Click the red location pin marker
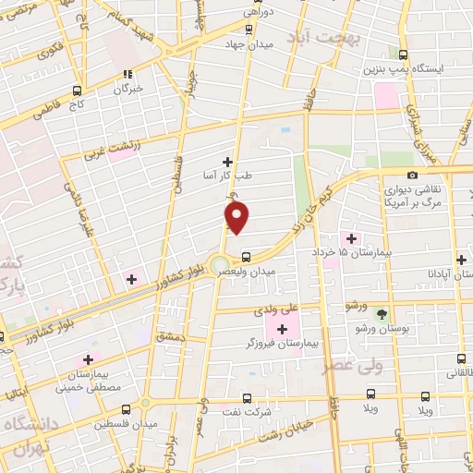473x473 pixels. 237,217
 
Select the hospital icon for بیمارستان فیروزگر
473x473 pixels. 282,329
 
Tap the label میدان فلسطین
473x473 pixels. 131,423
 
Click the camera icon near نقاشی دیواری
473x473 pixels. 412,175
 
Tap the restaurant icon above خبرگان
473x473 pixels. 129,75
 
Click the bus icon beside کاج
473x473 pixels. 77,91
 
